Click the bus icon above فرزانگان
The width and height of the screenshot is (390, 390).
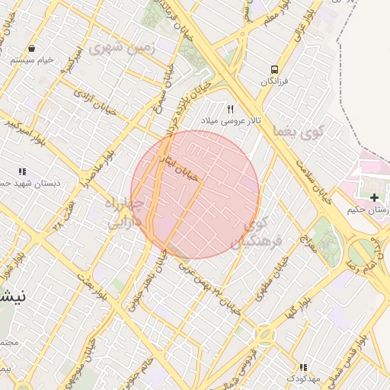[274, 68]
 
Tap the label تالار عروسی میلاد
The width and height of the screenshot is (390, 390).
[231, 121]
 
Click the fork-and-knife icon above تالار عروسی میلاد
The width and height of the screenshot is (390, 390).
[231, 109]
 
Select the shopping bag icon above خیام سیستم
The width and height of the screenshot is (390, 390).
[30, 47]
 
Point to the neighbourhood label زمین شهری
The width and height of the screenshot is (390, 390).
[121, 47]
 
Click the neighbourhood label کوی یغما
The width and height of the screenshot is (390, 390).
[302, 132]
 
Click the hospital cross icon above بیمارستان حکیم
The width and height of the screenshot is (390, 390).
[374, 197]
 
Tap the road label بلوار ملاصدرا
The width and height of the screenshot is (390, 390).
[98, 169]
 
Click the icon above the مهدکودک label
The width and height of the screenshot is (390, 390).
[303, 367]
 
